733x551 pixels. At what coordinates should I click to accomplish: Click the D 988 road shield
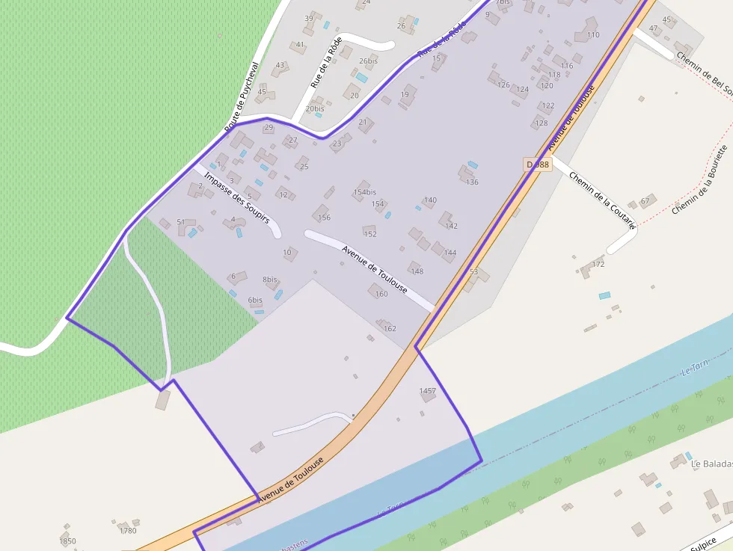[x=537, y=164]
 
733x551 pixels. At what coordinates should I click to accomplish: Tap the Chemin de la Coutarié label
[x=602, y=200]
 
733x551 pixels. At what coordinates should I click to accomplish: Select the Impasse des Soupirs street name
[x=236, y=198]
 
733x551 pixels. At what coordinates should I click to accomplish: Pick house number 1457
[x=428, y=391]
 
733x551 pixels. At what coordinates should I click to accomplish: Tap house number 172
[x=598, y=264]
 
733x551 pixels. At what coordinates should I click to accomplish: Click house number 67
[x=645, y=202]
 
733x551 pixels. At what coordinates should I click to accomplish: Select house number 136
[x=472, y=182]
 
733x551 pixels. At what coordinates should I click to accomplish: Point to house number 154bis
[x=365, y=192]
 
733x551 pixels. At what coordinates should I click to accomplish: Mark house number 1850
[x=67, y=541]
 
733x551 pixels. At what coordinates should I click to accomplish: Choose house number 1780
[x=128, y=531]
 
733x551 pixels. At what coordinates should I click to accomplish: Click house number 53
[x=473, y=272]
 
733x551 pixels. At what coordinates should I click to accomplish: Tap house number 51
[x=180, y=222]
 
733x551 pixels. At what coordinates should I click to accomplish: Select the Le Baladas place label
[x=711, y=464]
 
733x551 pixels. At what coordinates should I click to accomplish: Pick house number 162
[x=390, y=328]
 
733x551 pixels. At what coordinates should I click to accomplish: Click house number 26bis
[x=368, y=61]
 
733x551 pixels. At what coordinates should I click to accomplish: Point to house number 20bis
[x=315, y=108]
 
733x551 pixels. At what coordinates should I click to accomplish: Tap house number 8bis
[x=270, y=280]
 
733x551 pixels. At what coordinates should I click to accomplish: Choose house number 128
[x=542, y=123]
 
